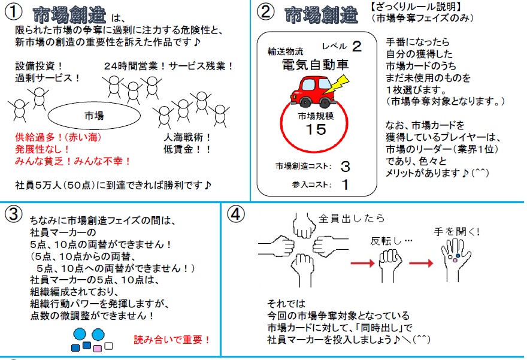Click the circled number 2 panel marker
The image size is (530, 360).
pyautogui.click(x=265, y=13)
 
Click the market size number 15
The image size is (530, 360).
pyautogui.click(x=315, y=129)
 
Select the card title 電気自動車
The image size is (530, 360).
pyautogui.click(x=315, y=65)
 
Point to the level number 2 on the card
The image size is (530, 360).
pyautogui.click(x=357, y=46)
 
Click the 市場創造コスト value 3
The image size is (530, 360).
pyautogui.click(x=345, y=166)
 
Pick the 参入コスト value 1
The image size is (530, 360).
pyautogui.click(x=345, y=184)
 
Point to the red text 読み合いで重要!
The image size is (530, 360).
pyautogui.click(x=172, y=340)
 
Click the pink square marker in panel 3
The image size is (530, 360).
pyautogui.click(x=98, y=347)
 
